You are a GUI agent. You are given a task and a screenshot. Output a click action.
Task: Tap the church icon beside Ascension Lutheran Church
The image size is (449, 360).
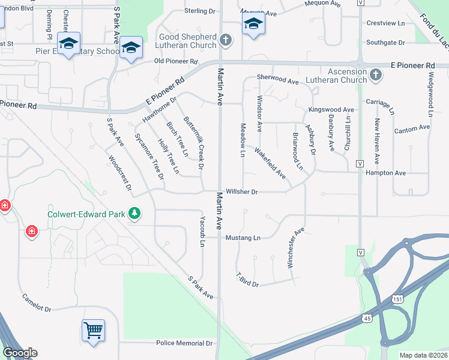(x=376, y=75)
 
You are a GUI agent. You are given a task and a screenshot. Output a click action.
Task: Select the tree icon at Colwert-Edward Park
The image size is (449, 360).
(x=135, y=214)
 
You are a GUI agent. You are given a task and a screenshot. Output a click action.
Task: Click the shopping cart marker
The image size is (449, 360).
(x=93, y=329)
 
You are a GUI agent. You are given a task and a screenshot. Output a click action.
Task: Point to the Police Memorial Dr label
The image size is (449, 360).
(x=184, y=343)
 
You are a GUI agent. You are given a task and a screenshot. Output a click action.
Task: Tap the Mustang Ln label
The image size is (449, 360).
(x=243, y=238)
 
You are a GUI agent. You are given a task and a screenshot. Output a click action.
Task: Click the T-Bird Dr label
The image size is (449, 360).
(x=247, y=280)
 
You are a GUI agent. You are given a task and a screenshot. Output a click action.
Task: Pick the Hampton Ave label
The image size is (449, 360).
(x=385, y=173)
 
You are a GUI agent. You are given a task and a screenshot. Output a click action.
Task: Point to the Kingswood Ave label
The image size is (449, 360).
(x=331, y=110)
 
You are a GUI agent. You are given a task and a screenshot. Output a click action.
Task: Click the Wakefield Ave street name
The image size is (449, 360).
(x=270, y=163)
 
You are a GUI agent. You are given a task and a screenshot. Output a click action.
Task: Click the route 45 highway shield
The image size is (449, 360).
(x=366, y=319)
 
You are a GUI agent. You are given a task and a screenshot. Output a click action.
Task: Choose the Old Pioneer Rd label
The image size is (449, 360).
(x=176, y=61)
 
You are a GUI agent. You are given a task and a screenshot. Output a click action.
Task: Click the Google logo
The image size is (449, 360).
(x=20, y=353)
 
